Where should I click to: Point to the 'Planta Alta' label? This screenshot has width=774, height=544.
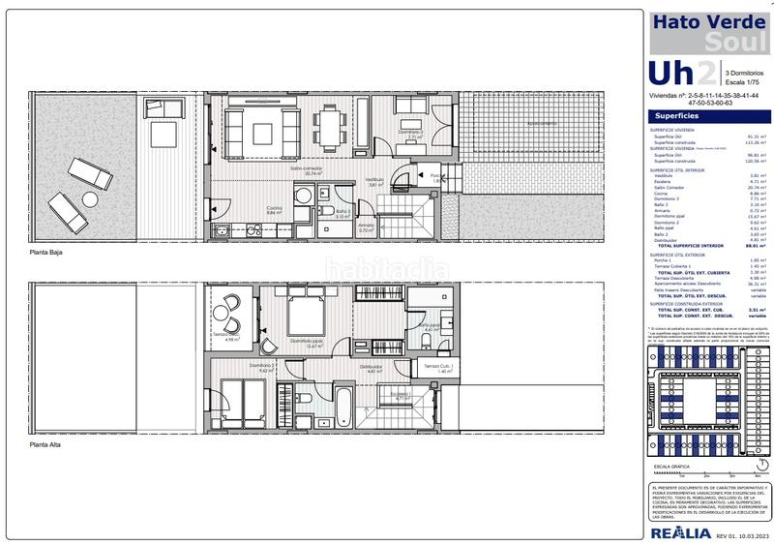pyautogui.click(x=46, y=444)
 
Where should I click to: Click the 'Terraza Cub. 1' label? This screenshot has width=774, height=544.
pyautogui.click(x=437, y=367)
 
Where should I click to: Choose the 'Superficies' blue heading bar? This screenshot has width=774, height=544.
pyautogui.click(x=709, y=113)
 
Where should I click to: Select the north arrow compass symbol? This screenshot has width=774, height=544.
pyautogui.click(x=751, y=465)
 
